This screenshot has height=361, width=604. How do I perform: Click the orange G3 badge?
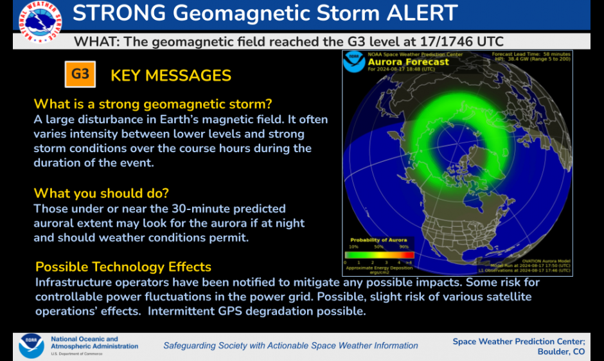80,75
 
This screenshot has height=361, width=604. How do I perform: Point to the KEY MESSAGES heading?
171,76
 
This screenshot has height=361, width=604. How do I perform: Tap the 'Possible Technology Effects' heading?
123,267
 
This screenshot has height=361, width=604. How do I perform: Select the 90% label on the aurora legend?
404,247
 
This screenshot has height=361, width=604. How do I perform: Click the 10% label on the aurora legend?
353,247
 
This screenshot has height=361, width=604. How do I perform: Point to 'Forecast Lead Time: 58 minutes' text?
530,54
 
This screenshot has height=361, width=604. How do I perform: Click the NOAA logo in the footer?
31,346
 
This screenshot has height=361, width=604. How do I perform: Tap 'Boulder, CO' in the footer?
561,351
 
